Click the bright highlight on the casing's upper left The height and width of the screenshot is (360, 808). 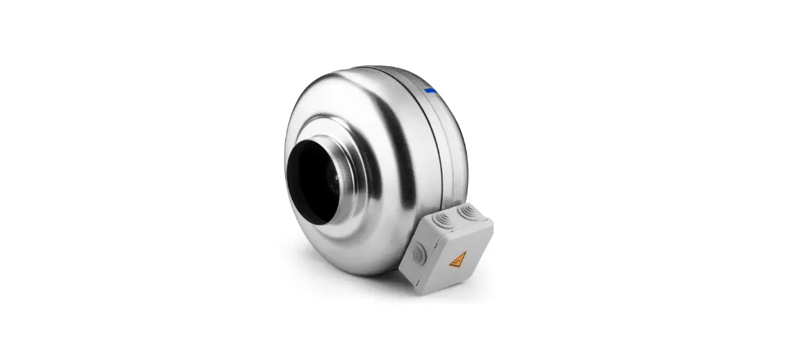pos(313,104)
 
